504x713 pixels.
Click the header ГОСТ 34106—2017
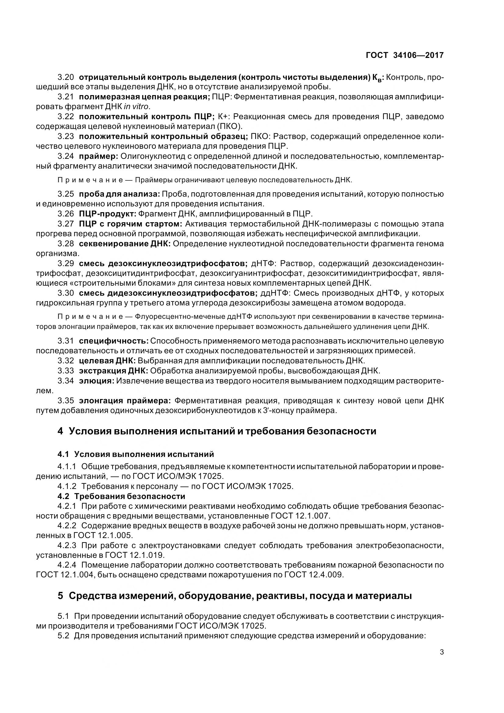coord(405,55)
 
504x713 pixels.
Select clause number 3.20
coord(66,77)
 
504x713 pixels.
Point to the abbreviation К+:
coord(223,117)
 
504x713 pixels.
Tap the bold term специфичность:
coord(114,341)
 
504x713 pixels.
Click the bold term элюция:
coord(97,381)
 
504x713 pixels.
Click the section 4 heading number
coord(60,431)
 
